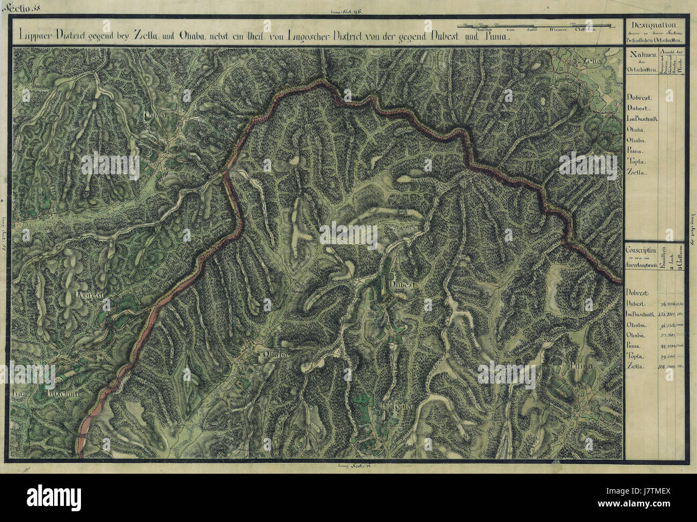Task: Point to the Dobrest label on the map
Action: click(89, 295)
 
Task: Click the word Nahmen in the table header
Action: click(643, 55)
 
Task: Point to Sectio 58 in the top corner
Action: click(17, 6)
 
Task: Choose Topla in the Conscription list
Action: click(635, 356)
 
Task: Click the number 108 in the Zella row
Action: click(661, 366)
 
